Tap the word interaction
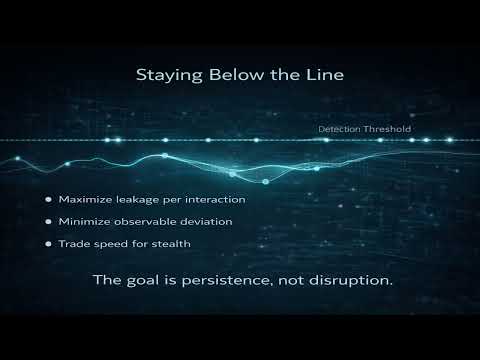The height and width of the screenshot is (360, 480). click(x=215, y=198)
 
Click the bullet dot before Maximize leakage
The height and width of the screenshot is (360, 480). click(x=48, y=198)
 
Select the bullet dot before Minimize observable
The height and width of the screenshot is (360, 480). click(x=48, y=220)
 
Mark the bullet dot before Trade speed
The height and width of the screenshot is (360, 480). click(x=48, y=242)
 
